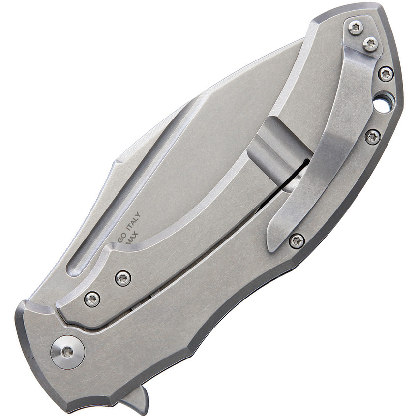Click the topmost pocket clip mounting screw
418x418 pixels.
coord(356,28)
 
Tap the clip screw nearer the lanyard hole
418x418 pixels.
coord(370,45)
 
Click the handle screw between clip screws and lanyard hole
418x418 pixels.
coord(386,74)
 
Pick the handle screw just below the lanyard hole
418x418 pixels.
coord(373,136)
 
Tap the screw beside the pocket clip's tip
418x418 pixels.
coord(296,240)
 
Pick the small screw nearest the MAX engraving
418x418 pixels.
coord(122,278)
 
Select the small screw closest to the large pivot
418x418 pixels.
coord(92,299)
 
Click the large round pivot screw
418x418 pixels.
coord(67,351)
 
